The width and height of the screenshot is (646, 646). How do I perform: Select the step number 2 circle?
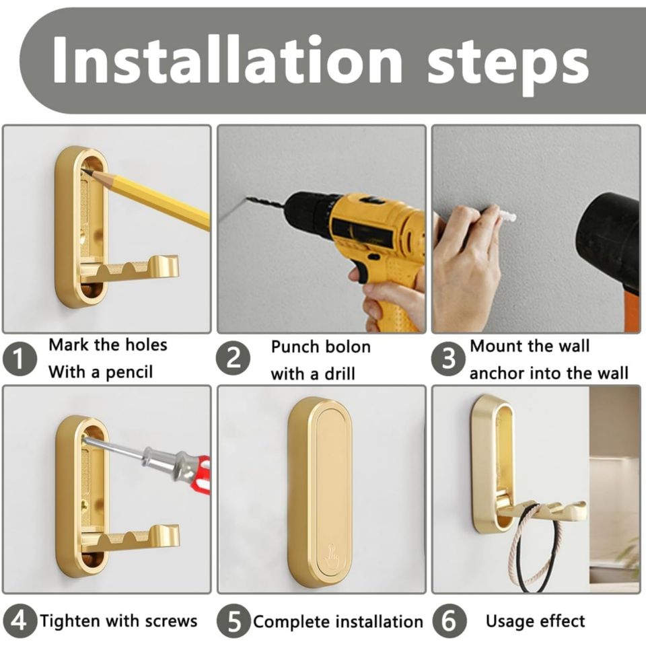click(x=234, y=359)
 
